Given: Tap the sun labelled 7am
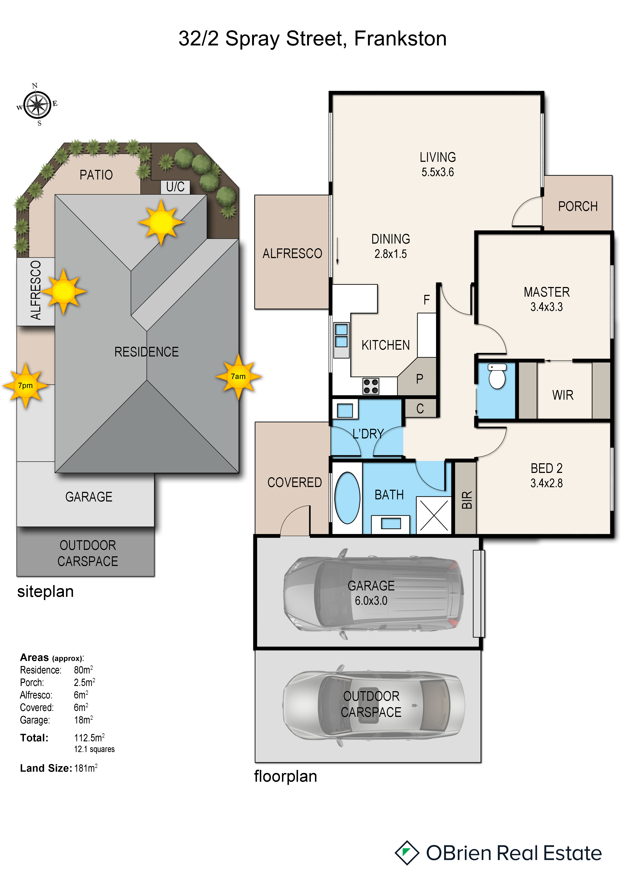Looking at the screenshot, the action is click(x=238, y=377).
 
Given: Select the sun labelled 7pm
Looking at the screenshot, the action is click(x=26, y=386).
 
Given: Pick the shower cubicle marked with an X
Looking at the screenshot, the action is click(x=434, y=515).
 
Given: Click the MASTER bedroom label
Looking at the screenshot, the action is click(x=547, y=292).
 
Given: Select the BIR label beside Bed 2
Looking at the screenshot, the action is click(x=466, y=500).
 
